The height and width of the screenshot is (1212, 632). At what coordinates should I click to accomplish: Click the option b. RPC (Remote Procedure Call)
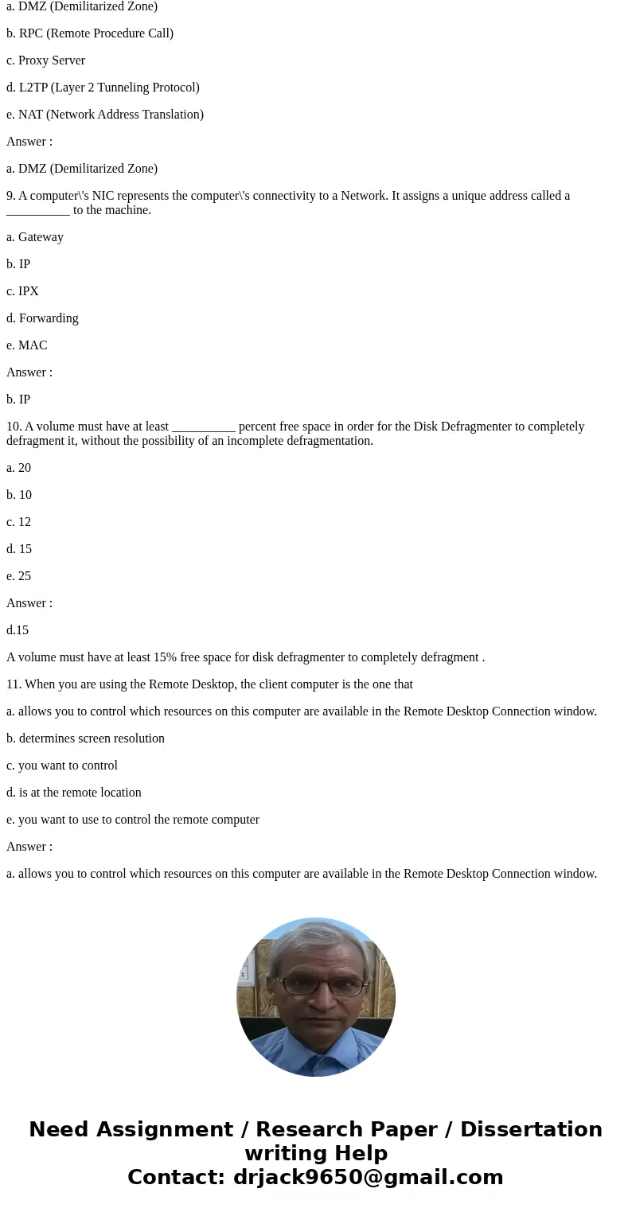[x=89, y=33]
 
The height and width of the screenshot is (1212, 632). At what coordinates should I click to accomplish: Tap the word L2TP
[x=36, y=88]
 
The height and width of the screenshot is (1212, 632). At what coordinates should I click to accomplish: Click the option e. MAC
[x=27, y=345]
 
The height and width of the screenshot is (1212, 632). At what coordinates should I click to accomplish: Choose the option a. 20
[x=18, y=468]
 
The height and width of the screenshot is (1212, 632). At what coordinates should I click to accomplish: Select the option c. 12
[x=18, y=522]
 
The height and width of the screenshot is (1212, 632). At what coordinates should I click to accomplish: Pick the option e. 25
[x=18, y=576]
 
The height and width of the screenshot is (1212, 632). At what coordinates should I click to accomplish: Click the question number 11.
[x=13, y=684]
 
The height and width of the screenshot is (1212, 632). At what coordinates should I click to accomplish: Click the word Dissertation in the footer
[x=531, y=1129]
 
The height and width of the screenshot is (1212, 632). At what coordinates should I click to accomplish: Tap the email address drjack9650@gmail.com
[x=368, y=1177]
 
